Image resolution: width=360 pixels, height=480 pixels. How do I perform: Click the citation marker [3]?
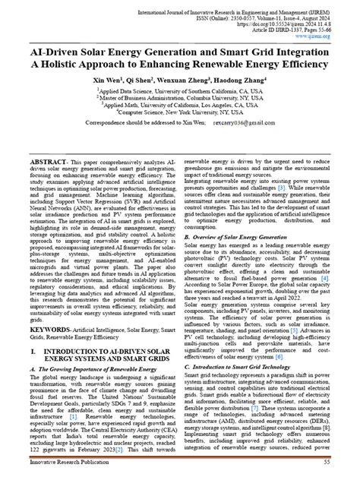(x=302, y=187)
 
